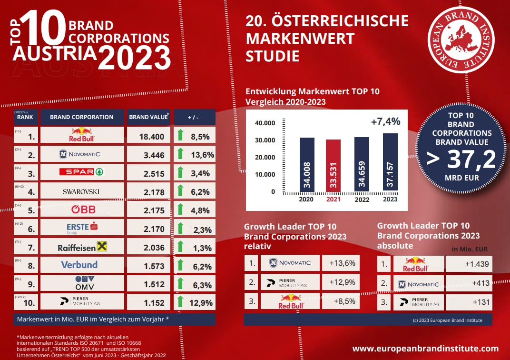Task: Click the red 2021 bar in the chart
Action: (333, 166)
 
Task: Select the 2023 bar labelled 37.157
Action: (390, 163)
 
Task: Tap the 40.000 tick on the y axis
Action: (265, 123)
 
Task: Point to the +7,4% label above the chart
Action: (385, 121)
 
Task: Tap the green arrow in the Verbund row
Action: (180, 264)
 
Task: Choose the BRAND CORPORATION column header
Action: (82, 117)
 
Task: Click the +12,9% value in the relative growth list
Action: (342, 282)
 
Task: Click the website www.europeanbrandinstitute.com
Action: (425, 349)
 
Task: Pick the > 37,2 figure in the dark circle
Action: (461, 160)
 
